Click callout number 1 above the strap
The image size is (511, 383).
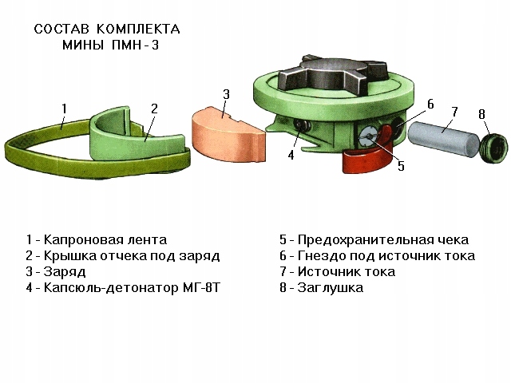(64, 108)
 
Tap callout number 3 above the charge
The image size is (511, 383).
(227, 95)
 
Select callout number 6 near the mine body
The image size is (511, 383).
(430, 105)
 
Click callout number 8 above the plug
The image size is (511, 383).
(482, 114)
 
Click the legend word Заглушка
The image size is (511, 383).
(331, 287)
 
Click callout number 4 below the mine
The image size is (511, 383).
(291, 156)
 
